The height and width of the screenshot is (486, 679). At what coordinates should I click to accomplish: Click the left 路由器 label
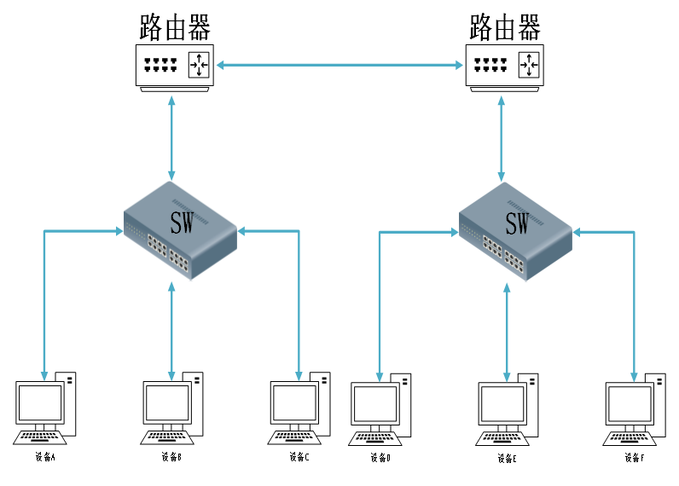175,27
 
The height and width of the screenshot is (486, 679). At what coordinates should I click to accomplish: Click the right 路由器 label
506,27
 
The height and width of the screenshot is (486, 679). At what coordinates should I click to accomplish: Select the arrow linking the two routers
339,65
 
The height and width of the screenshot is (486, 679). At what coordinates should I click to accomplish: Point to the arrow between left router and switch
173,136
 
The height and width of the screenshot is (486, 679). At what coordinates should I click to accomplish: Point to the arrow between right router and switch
501,136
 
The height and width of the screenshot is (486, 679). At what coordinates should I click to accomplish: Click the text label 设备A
45,457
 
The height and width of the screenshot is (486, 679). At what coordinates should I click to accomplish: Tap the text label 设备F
634,458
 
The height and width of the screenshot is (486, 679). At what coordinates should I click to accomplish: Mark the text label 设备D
380,458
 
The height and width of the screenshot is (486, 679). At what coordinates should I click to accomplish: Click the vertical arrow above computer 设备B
172,333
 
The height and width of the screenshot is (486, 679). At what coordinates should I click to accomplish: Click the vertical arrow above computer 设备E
508,333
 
